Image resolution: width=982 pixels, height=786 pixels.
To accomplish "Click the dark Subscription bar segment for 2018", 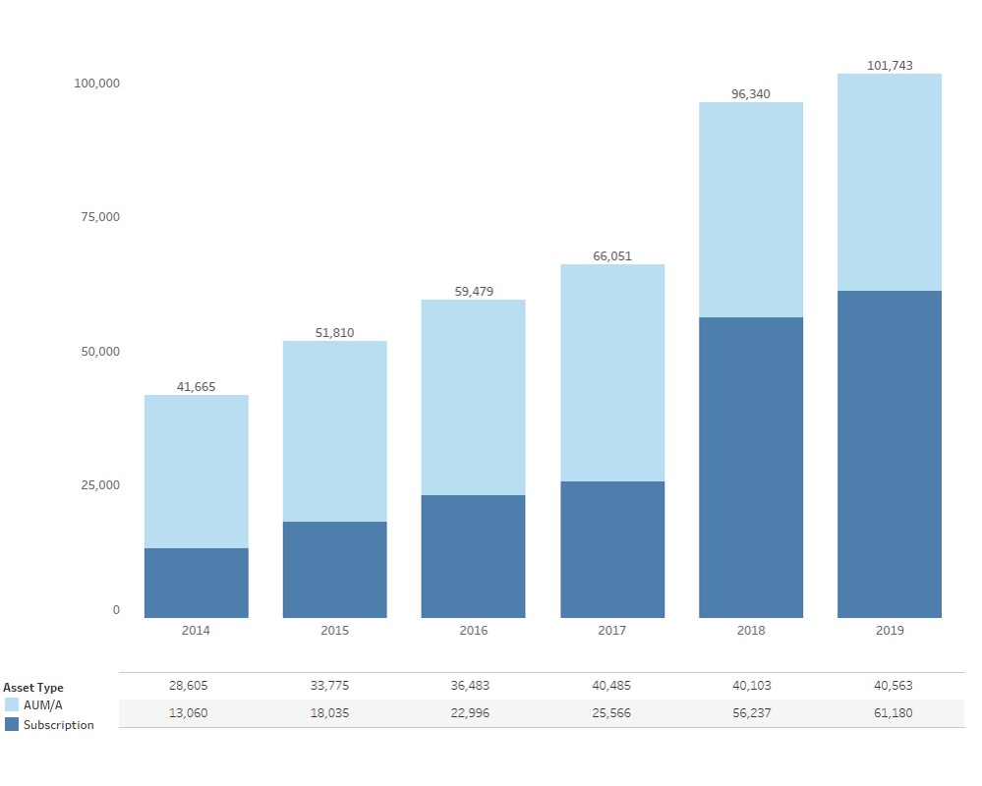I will (x=751, y=468).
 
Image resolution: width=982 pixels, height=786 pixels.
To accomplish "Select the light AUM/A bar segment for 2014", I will (x=196, y=472).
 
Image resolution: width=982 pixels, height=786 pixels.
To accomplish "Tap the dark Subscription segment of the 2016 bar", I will (x=473, y=556).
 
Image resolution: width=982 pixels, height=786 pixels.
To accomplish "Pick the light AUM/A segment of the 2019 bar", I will (x=890, y=183).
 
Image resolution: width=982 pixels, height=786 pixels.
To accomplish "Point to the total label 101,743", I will (x=890, y=66).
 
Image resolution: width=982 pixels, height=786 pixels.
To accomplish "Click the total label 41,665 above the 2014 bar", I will (x=196, y=387).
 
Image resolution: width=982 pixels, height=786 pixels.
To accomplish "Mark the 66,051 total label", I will (x=612, y=256).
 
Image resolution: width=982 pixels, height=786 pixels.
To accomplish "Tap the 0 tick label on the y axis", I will (x=116, y=610).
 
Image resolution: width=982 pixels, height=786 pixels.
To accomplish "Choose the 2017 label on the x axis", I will (x=612, y=631).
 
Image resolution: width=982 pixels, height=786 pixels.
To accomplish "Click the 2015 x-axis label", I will (x=334, y=631).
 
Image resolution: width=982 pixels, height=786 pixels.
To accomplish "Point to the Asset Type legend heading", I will (x=33, y=688).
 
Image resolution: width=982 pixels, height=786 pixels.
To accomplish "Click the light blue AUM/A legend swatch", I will (x=12, y=705).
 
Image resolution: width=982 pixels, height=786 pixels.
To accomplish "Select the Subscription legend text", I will (x=59, y=725).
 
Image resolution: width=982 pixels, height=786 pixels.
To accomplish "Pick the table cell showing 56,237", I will (x=751, y=713).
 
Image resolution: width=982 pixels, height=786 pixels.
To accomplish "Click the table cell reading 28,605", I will (x=196, y=686).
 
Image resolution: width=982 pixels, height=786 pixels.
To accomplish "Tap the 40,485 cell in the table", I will (x=612, y=686).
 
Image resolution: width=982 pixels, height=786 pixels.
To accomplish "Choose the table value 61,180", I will (x=890, y=713).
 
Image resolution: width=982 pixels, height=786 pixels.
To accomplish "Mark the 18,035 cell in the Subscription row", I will (x=334, y=713).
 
